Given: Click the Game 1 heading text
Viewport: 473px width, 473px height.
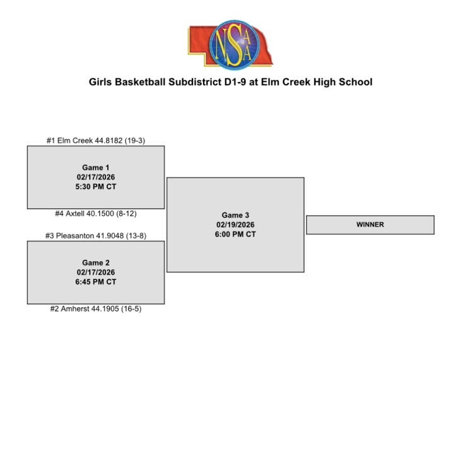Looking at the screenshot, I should (x=96, y=167).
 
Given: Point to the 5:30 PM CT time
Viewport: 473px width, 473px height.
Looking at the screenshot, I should (x=96, y=187).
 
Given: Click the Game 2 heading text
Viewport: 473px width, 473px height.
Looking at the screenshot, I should (x=96, y=262).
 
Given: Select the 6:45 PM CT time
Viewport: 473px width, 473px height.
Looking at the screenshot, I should (x=96, y=282).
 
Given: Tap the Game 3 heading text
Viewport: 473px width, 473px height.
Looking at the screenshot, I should (x=235, y=215).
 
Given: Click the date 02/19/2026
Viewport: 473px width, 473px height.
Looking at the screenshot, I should (x=235, y=225).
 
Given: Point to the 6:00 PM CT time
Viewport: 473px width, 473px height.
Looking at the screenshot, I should (x=235, y=235).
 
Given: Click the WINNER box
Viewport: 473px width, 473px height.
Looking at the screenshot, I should (x=370, y=225).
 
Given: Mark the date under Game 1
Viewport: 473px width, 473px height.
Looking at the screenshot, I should (x=96, y=177).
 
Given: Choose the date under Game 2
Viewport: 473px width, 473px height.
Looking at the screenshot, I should (x=96, y=272).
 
